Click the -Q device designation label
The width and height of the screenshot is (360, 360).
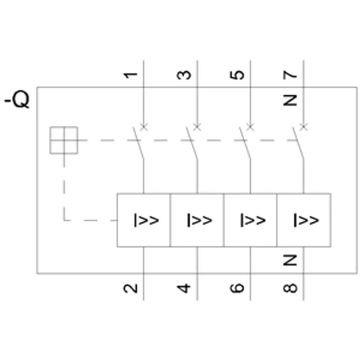tap(17, 99)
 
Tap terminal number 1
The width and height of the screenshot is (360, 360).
tap(130, 75)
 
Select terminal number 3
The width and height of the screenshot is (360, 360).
tap(184, 75)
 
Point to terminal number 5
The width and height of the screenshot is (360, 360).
tap(237, 75)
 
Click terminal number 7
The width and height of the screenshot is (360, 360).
tap(290, 75)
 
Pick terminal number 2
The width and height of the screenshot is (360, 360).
tap(130, 288)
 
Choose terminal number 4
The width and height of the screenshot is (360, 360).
tap(184, 288)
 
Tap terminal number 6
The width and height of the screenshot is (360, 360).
tap(237, 288)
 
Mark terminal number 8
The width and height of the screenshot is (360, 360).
tap(290, 288)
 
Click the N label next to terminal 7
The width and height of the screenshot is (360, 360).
tap(290, 100)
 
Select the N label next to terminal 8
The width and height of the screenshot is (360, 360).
tap(290, 260)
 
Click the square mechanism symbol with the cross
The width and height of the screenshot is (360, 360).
tap(64, 140)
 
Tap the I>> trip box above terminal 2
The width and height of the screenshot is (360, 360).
tap(144, 220)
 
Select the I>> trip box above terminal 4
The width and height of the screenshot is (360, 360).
tap(197, 220)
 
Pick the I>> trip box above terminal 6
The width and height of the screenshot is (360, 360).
tap(250, 220)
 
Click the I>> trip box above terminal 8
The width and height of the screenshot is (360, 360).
tap(304, 220)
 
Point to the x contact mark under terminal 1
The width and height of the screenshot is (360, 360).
tap(144, 127)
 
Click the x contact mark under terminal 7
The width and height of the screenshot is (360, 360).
tap(303, 127)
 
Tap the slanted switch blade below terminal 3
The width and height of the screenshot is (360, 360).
tap(192, 143)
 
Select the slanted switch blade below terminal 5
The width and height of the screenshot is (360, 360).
tap(245, 143)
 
